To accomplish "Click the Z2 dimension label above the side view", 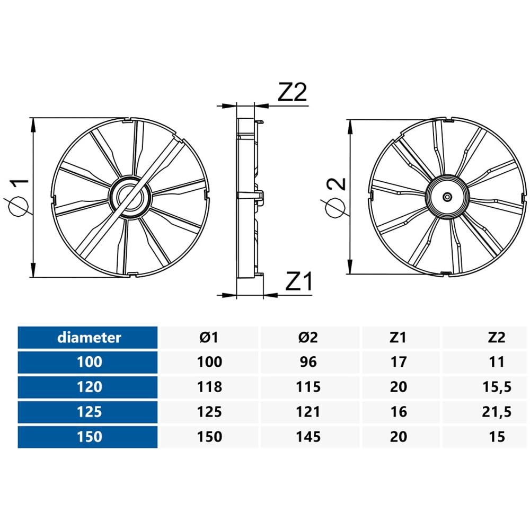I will coord(293,93).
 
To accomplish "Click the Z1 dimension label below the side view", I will coord(299,282).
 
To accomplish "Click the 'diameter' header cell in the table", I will coord(89,337).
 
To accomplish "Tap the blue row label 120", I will coord(88,387).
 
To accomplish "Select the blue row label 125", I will coord(88,412).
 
